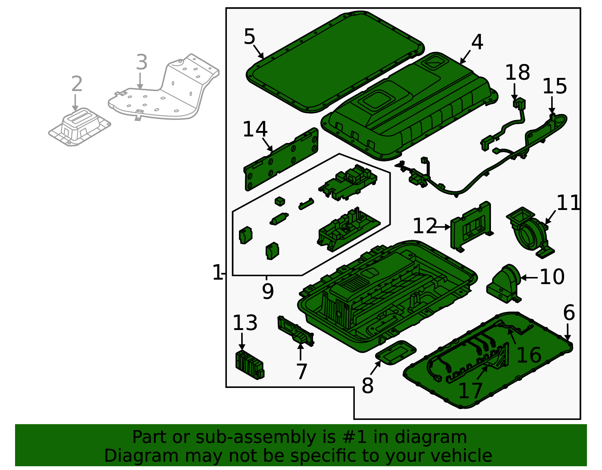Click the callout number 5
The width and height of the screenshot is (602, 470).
(x=249, y=37)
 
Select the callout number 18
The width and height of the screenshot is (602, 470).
(x=517, y=73)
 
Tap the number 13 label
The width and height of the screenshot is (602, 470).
(x=245, y=323)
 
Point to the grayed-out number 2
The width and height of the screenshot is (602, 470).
(x=77, y=84)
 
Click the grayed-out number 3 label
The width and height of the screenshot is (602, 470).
(x=141, y=62)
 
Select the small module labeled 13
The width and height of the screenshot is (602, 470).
(x=249, y=364)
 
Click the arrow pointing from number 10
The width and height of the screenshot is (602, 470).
(x=529, y=278)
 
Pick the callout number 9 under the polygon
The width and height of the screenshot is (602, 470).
(x=268, y=291)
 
